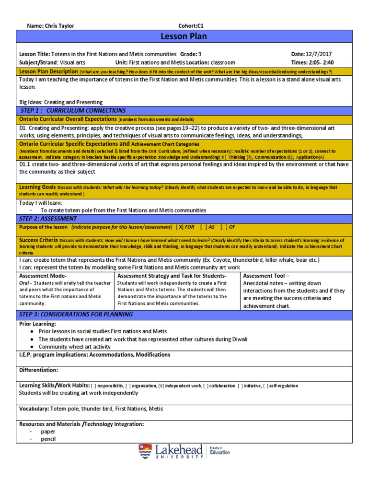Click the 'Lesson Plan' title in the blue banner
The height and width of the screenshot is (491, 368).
[x=184, y=37]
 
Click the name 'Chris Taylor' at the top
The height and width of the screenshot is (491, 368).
[x=58, y=26]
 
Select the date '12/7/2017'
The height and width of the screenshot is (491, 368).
[x=321, y=54]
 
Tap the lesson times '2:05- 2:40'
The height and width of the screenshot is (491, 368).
[x=323, y=62]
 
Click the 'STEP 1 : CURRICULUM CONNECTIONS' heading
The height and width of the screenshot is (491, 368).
[x=73, y=110]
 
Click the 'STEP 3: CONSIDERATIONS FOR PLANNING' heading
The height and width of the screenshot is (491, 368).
[x=76, y=315]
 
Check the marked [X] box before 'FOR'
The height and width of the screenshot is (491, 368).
[x=180, y=227]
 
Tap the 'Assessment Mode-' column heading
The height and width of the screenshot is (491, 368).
[x=43, y=276]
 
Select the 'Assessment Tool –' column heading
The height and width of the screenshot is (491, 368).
[x=266, y=276]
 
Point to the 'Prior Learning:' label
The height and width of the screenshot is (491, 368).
[x=38, y=324]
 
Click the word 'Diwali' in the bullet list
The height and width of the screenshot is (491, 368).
[x=238, y=339]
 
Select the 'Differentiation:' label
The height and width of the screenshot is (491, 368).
[x=38, y=370]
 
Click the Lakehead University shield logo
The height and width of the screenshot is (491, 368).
[x=145, y=452]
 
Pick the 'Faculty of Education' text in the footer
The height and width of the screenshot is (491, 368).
[x=220, y=450]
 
